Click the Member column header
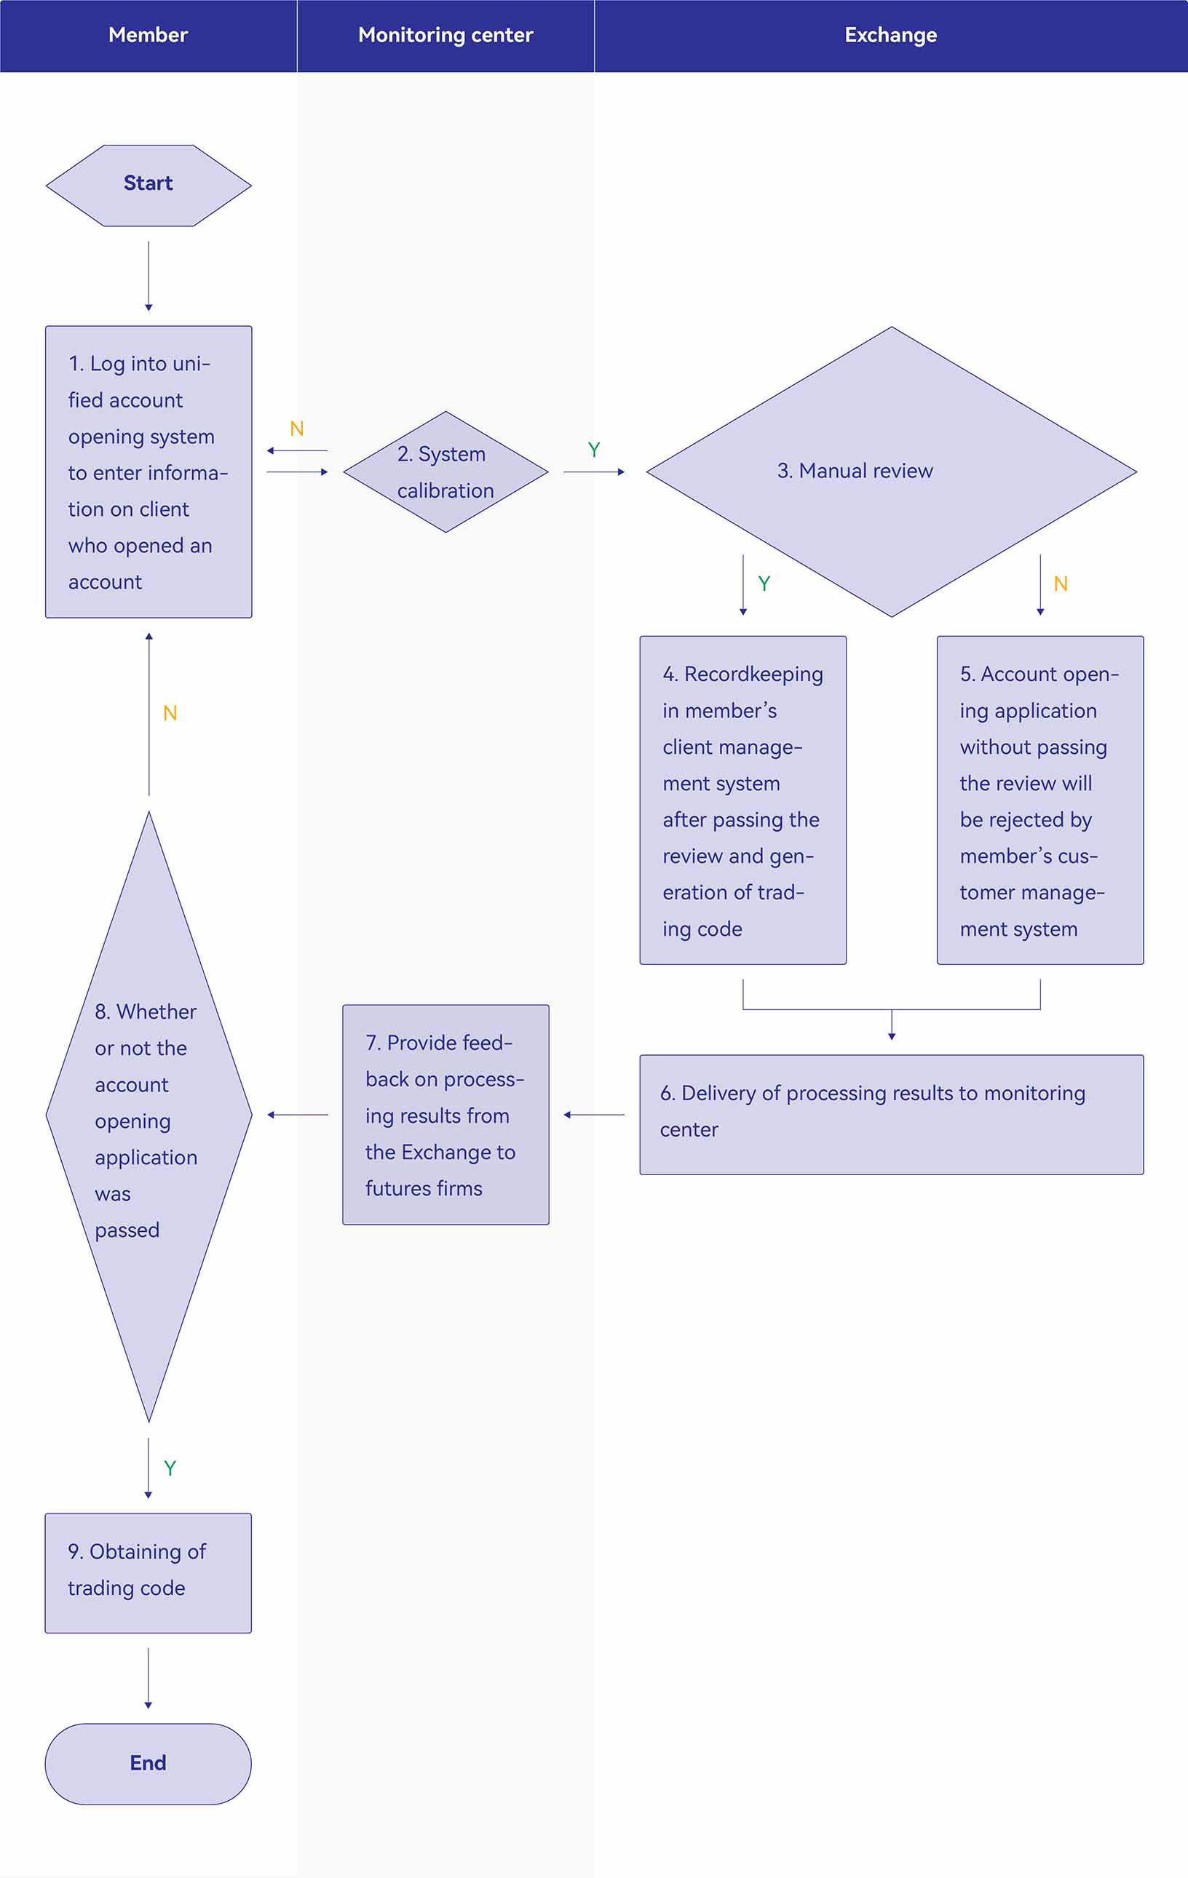148,35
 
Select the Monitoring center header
445,35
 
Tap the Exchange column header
891,35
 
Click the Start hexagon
148,186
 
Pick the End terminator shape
148,1763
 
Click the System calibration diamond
445,472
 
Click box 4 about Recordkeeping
742,800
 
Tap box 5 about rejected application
1039,800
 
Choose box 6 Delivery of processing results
892,1115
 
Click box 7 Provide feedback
445,1115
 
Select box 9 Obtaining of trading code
148,1573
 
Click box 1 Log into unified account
148,472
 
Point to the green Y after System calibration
593,450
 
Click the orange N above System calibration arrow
296,428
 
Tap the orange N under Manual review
1061,584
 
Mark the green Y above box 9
170,1468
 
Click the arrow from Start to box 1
148,276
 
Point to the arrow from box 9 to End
148,1679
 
